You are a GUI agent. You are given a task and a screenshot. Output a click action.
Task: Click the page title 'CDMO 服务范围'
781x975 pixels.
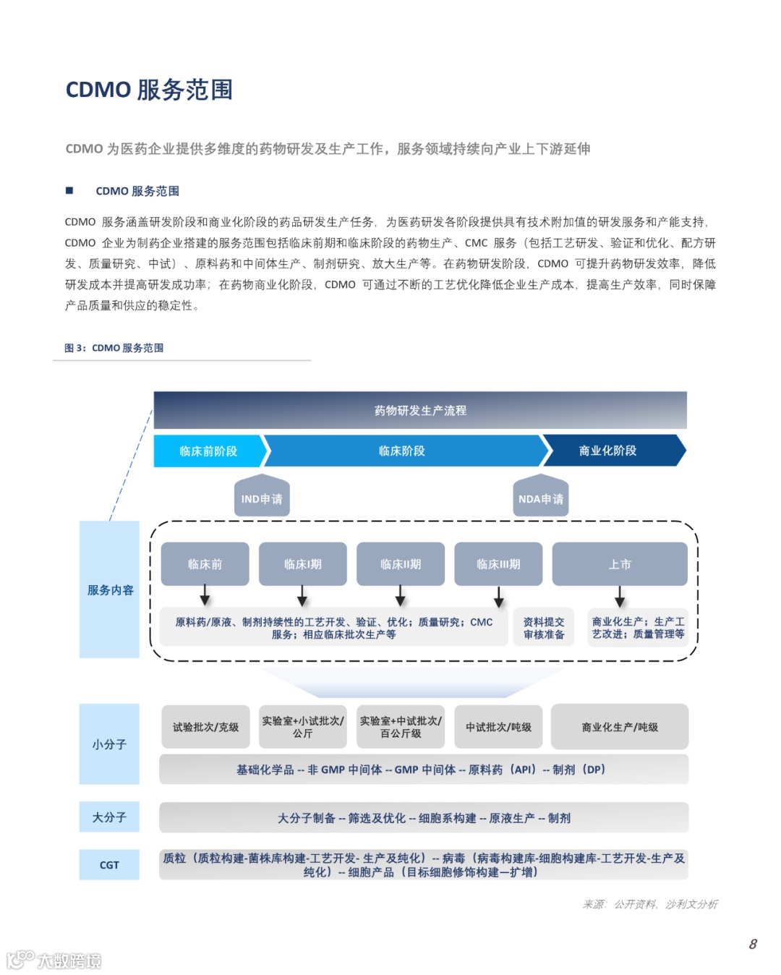pyautogui.click(x=149, y=90)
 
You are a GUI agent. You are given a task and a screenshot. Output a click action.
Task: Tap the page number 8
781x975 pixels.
pyautogui.click(x=753, y=944)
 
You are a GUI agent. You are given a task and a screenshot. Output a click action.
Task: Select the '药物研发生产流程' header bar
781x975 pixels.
pyautogui.click(x=420, y=410)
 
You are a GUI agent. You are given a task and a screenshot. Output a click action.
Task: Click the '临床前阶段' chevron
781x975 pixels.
pyautogui.click(x=208, y=451)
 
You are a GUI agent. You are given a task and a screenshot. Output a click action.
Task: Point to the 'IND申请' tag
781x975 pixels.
pyautogui.click(x=262, y=498)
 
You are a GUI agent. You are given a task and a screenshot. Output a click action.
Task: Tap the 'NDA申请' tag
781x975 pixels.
pyautogui.click(x=540, y=498)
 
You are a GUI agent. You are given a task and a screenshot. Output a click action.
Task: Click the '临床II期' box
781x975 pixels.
pyautogui.click(x=401, y=563)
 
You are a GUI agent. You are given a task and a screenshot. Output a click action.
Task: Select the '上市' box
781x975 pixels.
pyautogui.click(x=620, y=563)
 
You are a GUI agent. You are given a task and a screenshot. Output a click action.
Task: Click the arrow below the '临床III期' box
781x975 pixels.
pyautogui.click(x=499, y=597)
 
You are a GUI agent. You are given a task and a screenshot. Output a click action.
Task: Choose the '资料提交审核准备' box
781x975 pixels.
pyautogui.click(x=544, y=628)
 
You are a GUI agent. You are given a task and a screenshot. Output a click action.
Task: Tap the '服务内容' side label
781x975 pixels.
pyautogui.click(x=110, y=589)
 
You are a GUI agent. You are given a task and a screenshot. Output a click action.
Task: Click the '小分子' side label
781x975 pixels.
pyautogui.click(x=109, y=744)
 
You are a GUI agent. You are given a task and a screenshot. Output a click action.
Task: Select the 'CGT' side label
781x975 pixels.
pyautogui.click(x=109, y=865)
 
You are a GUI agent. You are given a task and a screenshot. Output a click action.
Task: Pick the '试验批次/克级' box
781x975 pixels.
pyautogui.click(x=205, y=727)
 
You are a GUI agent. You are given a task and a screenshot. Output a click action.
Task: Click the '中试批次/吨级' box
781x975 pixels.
pyautogui.click(x=498, y=727)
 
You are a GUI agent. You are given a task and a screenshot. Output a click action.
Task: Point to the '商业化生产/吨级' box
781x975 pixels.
pyautogui.click(x=620, y=727)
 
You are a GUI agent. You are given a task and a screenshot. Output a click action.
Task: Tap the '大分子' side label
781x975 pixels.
pyautogui.click(x=109, y=817)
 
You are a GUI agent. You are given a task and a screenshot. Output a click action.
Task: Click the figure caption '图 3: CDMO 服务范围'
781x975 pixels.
pyautogui.click(x=114, y=348)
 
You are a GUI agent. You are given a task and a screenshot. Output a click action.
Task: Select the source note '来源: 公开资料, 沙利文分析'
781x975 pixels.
pyautogui.click(x=650, y=904)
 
